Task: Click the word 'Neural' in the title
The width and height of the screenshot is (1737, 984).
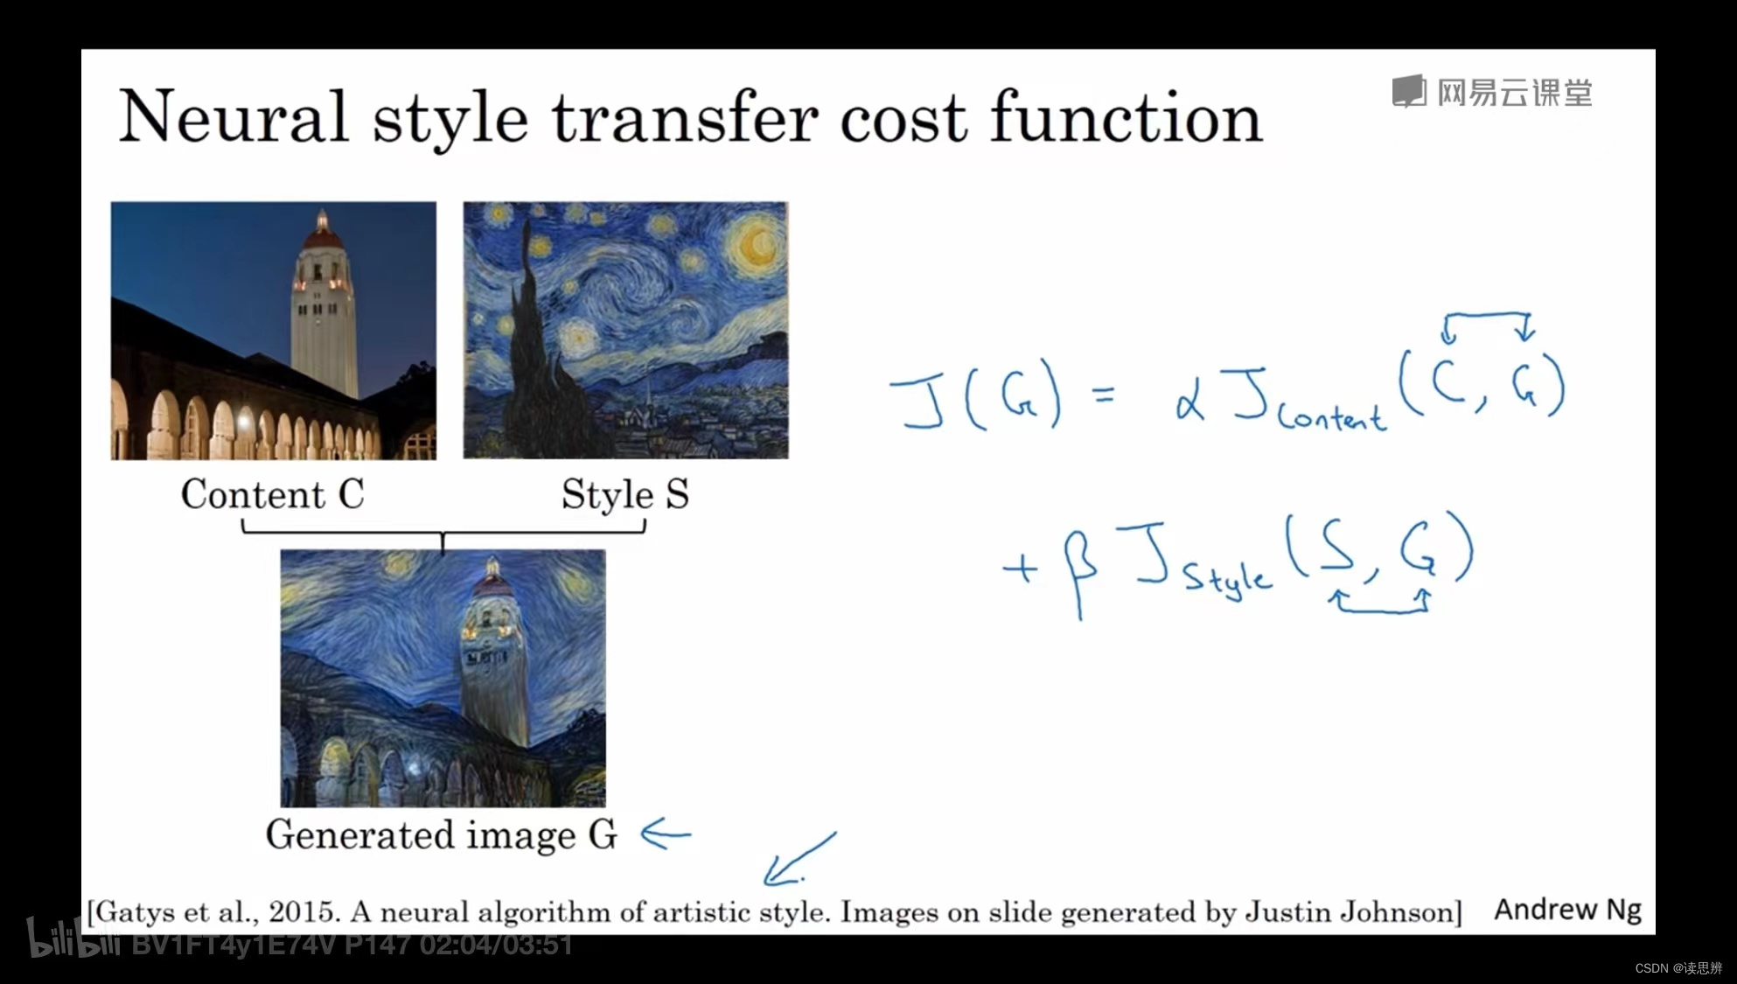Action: click(234, 116)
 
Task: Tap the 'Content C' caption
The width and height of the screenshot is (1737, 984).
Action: click(272, 494)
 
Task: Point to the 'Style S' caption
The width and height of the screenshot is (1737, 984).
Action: click(624, 495)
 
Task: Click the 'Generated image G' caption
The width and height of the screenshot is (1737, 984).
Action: click(442, 834)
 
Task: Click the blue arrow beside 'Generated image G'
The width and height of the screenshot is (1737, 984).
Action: click(666, 834)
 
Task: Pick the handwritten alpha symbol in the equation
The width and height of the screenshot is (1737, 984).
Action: click(1190, 402)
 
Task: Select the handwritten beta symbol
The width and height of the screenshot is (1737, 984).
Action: click(1079, 569)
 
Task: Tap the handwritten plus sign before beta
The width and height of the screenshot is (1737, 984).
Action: click(1020, 569)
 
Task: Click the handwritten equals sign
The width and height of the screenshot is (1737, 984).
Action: click(1105, 395)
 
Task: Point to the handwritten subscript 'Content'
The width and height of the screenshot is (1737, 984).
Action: click(1332, 416)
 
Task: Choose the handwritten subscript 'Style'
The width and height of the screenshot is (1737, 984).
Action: click(1227, 581)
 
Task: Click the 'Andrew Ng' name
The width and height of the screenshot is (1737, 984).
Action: click(1567, 910)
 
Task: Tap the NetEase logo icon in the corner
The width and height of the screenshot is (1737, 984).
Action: click(1408, 91)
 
